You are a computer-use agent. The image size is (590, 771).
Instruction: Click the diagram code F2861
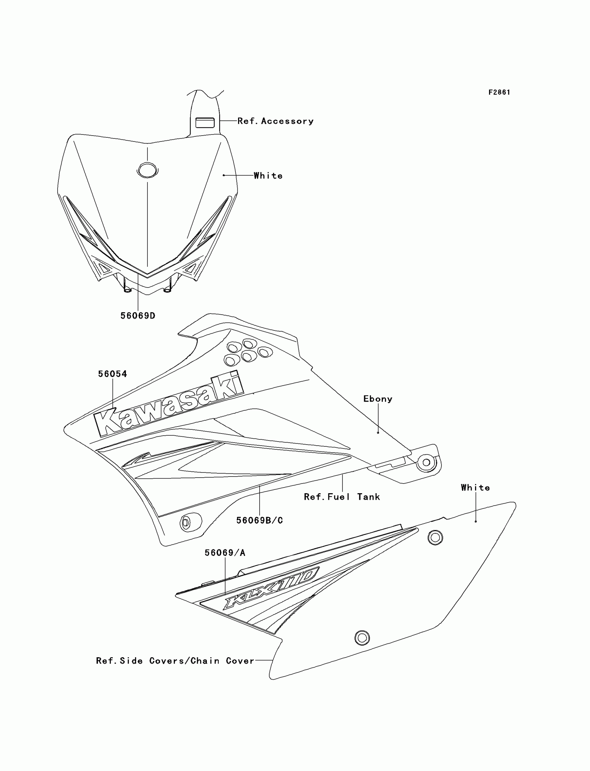[x=499, y=92]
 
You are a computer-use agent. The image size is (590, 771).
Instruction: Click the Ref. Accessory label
[x=275, y=121]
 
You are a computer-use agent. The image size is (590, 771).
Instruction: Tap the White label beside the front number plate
[x=268, y=175]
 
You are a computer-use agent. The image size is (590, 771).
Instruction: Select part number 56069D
[x=138, y=316]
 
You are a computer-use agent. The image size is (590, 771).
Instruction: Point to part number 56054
[x=112, y=374]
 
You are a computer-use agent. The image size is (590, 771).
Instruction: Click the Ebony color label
[x=378, y=399]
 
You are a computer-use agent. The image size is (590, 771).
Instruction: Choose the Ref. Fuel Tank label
[x=342, y=497]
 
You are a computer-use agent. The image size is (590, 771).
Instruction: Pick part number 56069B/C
[x=260, y=520]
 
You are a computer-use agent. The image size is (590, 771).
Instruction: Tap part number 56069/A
[x=225, y=553]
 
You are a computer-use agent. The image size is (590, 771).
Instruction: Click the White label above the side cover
[x=475, y=487]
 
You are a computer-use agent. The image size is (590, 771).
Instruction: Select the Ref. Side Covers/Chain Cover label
[x=175, y=661]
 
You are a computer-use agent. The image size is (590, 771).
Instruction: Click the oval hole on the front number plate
[x=147, y=170]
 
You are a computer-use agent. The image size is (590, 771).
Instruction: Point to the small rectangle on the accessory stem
[x=205, y=122]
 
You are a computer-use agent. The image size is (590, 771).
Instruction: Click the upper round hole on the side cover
[x=435, y=537]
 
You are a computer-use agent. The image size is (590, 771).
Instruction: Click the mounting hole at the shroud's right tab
[x=426, y=462]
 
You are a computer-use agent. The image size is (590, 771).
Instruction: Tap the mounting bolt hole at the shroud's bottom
[x=186, y=523]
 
